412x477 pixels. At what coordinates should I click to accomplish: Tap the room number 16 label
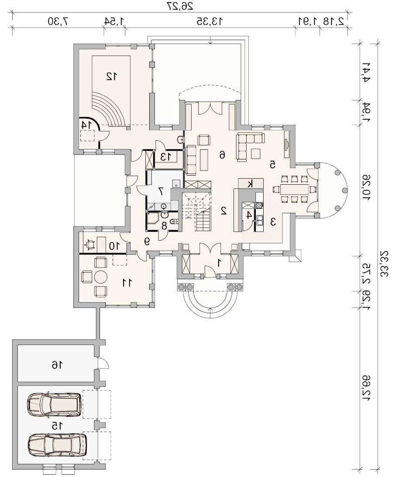(57, 364)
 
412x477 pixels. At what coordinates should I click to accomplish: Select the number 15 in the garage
(57, 426)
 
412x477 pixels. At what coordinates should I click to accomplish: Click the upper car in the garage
(54, 404)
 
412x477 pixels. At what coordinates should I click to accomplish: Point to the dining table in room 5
(294, 189)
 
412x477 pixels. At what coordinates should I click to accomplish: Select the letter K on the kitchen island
(250, 184)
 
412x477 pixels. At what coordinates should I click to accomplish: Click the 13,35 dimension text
(210, 21)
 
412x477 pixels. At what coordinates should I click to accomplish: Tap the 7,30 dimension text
(58, 21)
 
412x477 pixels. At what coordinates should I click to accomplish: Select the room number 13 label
(166, 157)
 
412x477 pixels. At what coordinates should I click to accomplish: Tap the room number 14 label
(86, 124)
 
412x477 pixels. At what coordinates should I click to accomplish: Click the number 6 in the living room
(222, 155)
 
